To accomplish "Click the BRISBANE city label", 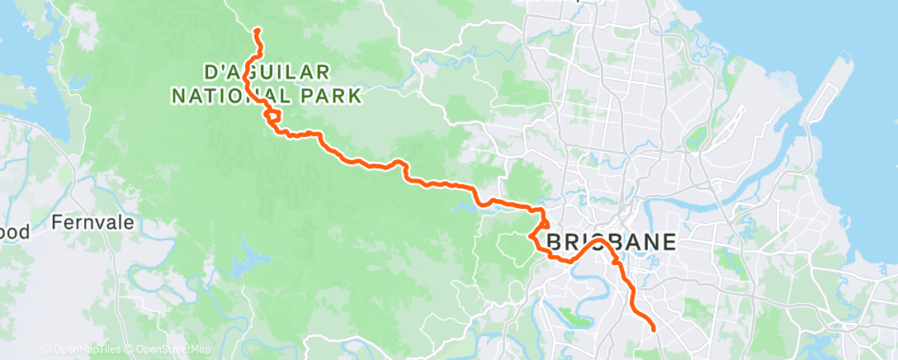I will tap(612, 243).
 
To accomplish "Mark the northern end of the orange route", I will tap(257, 31).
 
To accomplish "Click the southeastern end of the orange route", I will tap(654, 329).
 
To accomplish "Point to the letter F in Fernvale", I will tap(57, 222).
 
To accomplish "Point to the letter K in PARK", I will tap(356, 97).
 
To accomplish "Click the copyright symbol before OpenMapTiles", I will tap(45, 349).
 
